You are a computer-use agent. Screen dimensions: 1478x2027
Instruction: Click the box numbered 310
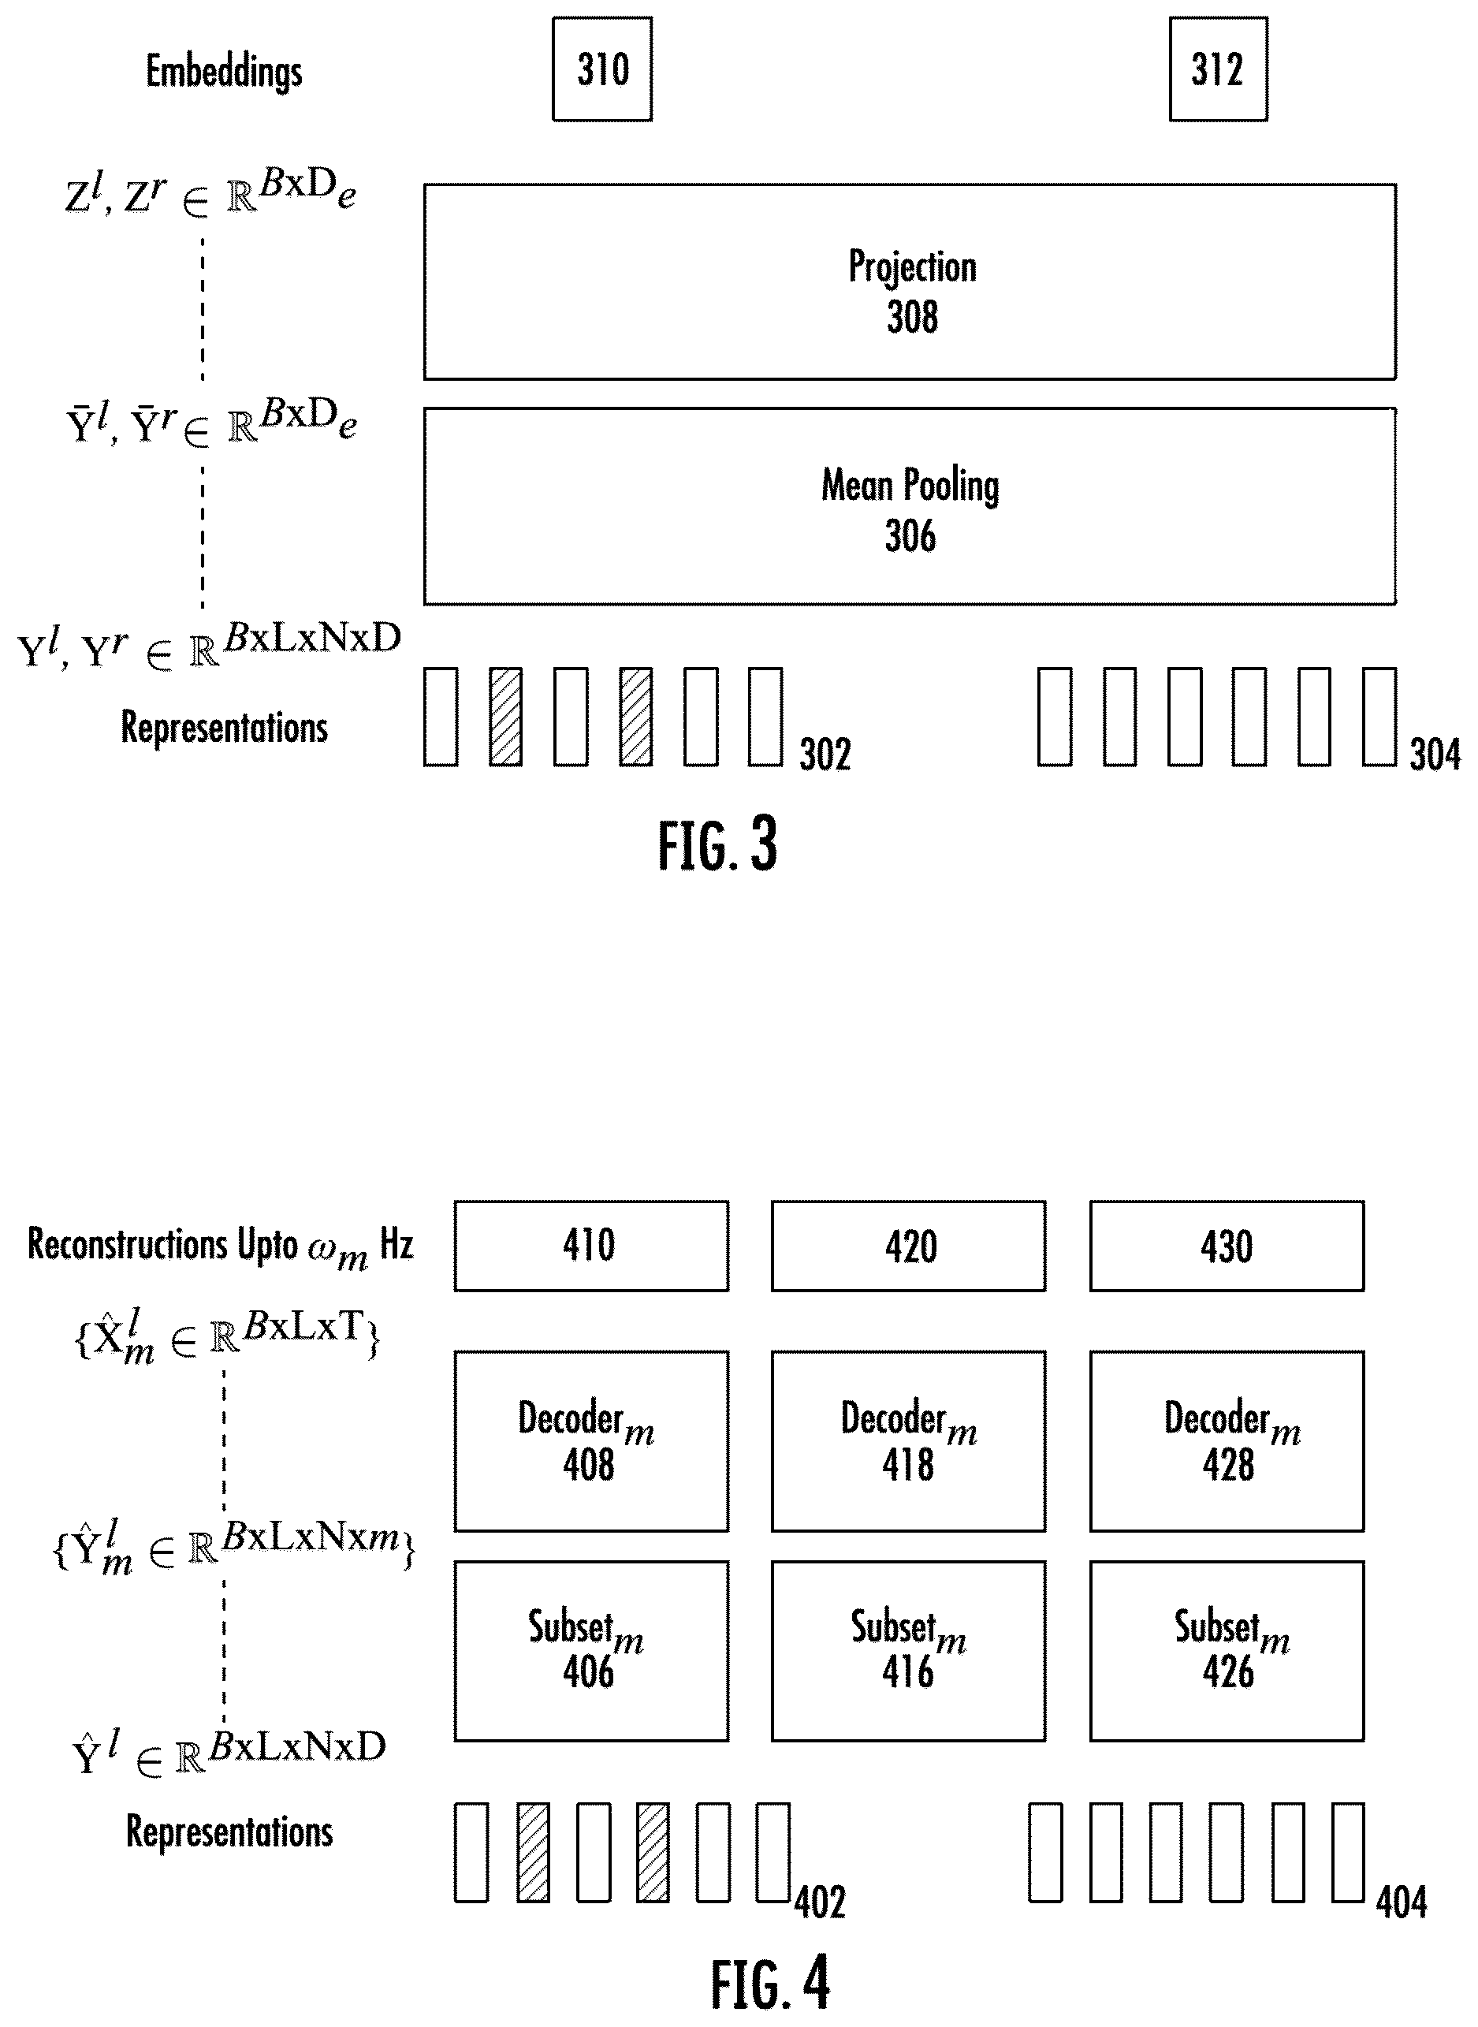coord(602,69)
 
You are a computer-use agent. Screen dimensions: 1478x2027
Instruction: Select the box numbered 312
coord(1219,69)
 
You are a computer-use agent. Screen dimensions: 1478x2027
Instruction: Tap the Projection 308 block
coord(910,282)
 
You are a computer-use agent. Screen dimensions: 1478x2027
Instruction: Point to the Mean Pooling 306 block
coord(910,506)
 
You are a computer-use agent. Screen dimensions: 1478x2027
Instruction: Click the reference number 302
coord(825,755)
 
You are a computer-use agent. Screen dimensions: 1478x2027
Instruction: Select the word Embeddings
coord(224,72)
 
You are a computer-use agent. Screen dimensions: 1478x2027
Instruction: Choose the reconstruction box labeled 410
coord(591,1246)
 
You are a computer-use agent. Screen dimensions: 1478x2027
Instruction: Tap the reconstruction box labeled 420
coord(908,1246)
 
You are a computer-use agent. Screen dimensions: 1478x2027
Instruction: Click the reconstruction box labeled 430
coord(1227,1246)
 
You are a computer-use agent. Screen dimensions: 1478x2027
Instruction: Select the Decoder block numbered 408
coord(591,1442)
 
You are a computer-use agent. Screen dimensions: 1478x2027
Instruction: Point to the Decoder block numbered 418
coord(908,1442)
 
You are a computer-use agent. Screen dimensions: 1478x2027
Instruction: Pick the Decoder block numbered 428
coord(1227,1442)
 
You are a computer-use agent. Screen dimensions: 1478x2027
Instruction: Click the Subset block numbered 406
coord(591,1651)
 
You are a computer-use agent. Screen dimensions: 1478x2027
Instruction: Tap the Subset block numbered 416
coord(908,1651)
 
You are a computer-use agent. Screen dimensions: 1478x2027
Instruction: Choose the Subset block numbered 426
coord(1227,1651)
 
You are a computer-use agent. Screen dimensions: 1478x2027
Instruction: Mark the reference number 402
coord(821,1902)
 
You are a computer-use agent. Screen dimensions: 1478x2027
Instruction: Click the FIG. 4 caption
coord(770,1984)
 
